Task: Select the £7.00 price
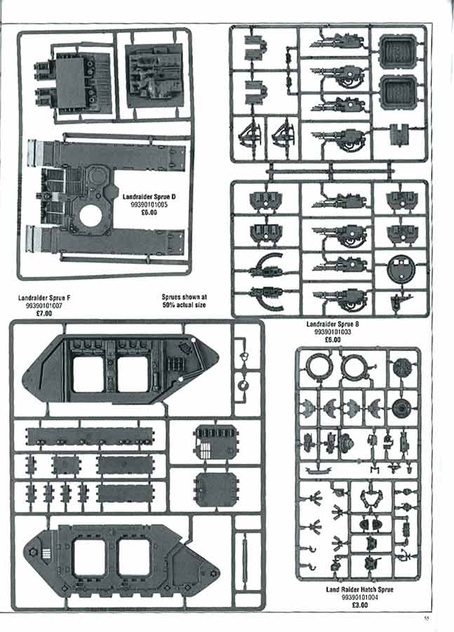pos(44,312)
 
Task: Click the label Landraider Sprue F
pos(44,298)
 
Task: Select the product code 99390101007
pos(44,305)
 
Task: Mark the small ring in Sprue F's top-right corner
pos(244,386)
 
